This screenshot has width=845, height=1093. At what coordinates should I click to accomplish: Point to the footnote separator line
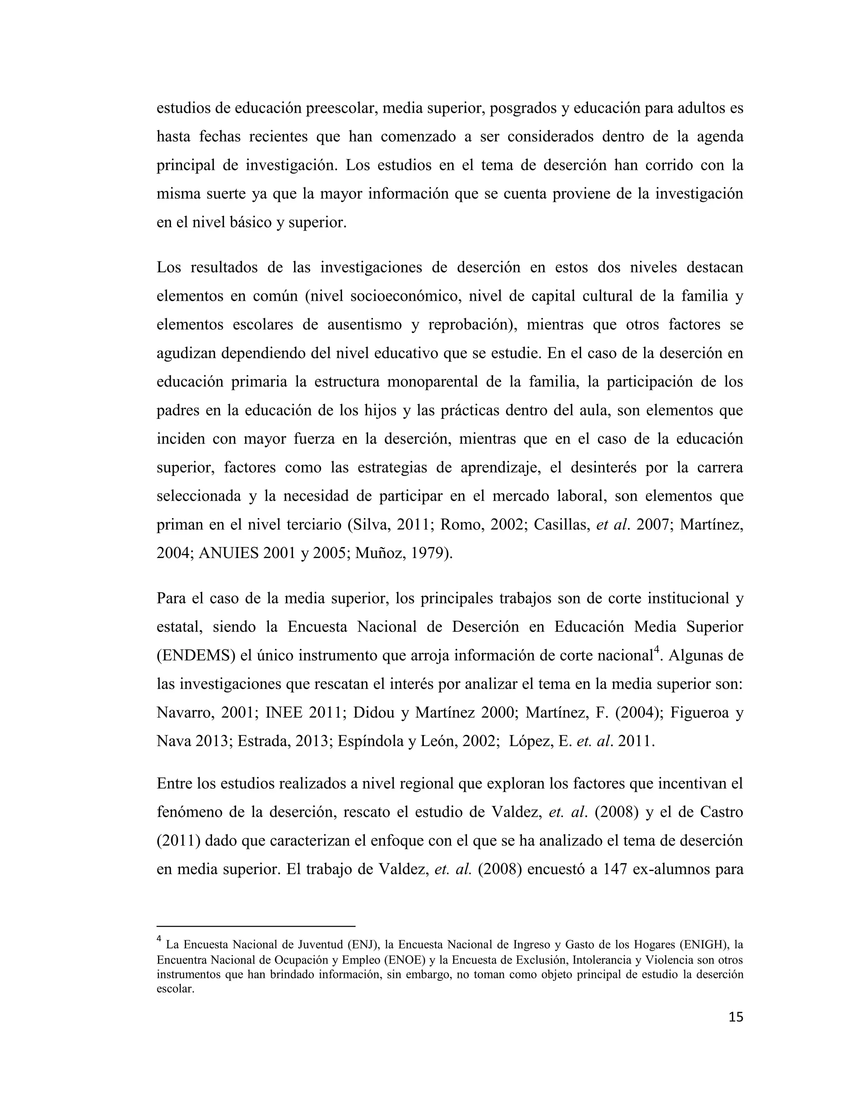[x=255, y=926]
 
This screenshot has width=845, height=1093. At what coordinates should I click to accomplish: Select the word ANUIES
[x=229, y=553]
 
